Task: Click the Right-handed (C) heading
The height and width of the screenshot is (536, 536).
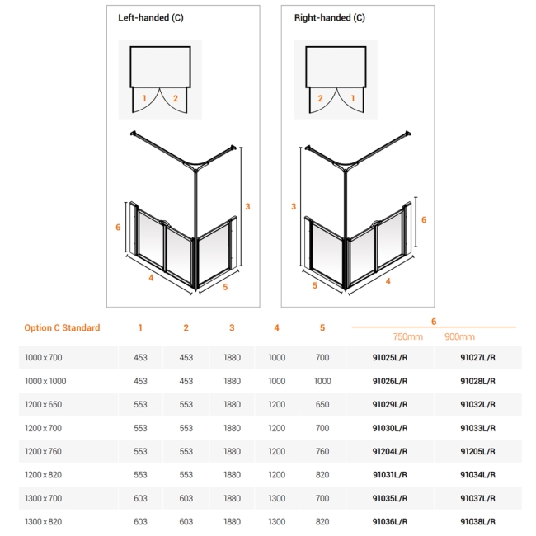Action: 329,18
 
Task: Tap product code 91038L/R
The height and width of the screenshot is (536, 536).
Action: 477,521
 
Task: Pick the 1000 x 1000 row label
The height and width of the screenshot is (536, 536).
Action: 45,381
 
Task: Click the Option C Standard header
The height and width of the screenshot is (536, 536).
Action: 62,327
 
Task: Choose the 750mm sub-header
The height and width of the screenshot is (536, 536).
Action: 407,336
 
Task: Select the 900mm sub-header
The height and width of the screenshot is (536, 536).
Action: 459,336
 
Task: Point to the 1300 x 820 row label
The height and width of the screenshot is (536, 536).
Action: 43,521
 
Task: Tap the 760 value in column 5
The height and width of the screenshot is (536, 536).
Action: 322,451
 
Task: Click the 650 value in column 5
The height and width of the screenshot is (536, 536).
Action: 322,405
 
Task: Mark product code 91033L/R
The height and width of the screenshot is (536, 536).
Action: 477,428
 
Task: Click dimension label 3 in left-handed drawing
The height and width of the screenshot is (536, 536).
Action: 247,206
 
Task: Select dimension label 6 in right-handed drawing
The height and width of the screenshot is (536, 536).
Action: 424,219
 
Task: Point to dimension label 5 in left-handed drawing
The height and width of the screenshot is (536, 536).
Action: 225,287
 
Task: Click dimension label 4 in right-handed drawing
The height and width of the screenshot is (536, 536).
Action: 388,280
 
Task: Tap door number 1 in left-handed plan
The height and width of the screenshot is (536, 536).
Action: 144,98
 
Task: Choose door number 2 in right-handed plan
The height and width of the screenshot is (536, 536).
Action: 320,98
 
